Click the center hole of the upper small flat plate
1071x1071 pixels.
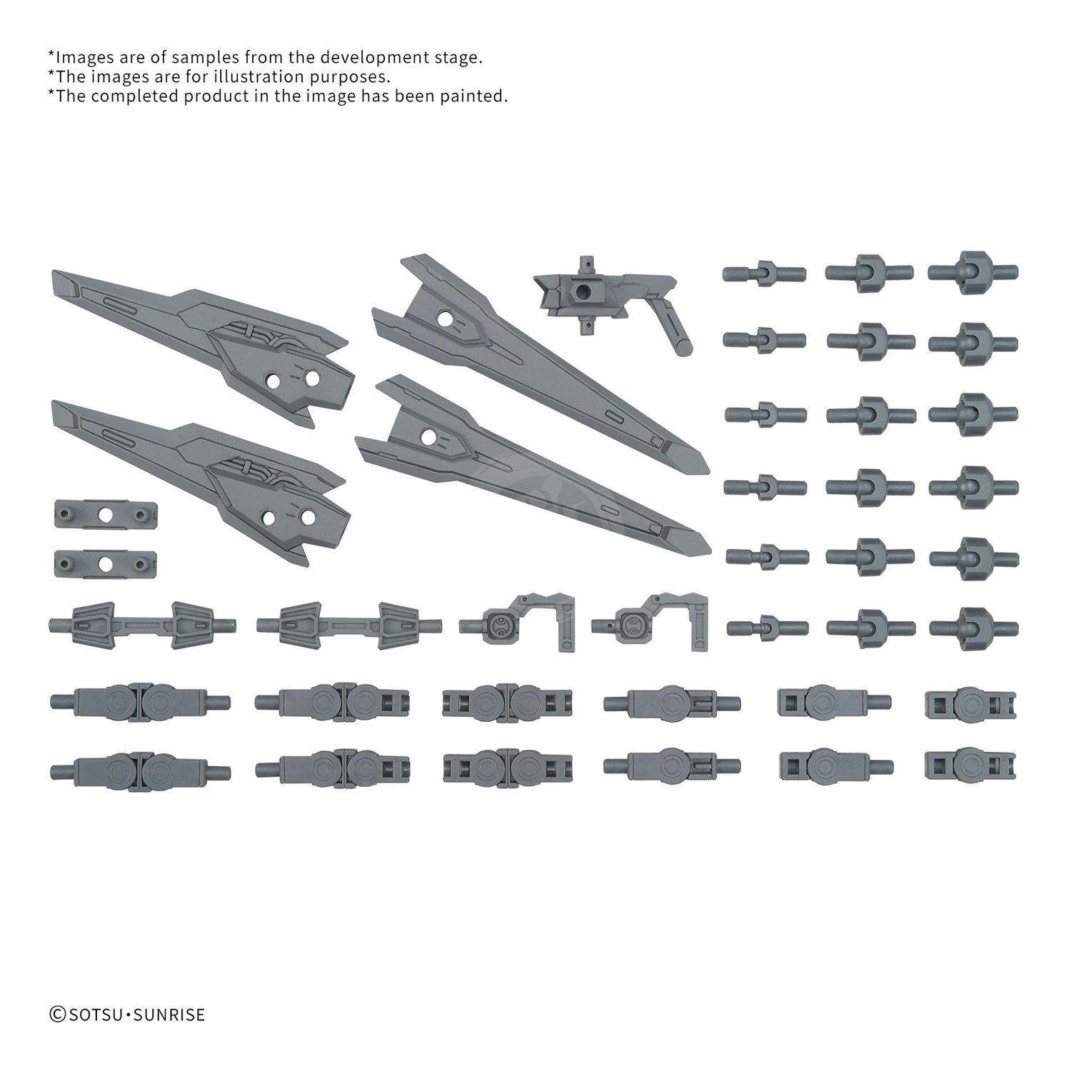click(x=106, y=514)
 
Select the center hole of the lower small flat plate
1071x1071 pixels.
click(x=106, y=564)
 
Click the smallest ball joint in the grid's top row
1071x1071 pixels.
click(x=764, y=273)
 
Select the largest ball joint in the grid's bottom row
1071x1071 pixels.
click(x=973, y=628)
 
